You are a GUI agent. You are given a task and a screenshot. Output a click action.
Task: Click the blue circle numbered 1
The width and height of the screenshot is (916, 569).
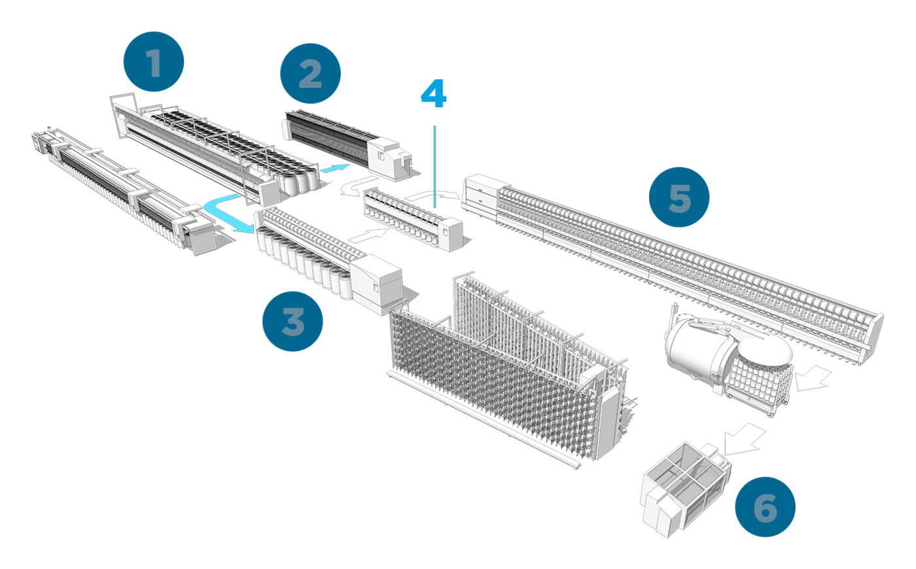coord(154,63)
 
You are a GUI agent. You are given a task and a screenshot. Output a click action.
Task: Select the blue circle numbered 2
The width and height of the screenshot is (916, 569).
coord(310,73)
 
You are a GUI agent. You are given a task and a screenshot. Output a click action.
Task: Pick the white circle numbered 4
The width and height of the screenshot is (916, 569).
coord(434,94)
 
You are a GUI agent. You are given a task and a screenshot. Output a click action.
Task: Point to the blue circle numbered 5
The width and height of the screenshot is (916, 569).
coord(679,197)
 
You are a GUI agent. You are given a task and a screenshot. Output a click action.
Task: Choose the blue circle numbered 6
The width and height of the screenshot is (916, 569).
coord(765,507)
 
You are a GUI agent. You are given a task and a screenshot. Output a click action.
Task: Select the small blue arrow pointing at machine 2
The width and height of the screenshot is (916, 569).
coord(334,169)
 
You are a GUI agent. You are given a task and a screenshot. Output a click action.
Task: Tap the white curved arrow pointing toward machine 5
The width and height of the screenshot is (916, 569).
coord(435,193)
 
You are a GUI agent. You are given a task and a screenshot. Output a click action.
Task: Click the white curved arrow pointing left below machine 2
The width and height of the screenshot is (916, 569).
coord(357,186)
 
